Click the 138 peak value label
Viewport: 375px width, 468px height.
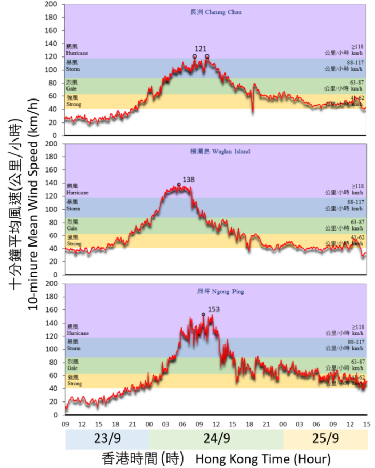pyautogui.click(x=189, y=180)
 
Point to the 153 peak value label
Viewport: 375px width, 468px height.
pyautogui.click(x=214, y=309)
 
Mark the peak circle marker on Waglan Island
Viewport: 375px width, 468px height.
pyautogui.click(x=179, y=185)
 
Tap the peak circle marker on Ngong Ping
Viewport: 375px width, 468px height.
pyautogui.click(x=203, y=314)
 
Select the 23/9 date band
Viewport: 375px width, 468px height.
pyautogui.click(x=107, y=439)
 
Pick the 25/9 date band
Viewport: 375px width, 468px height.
pyautogui.click(x=325, y=439)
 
